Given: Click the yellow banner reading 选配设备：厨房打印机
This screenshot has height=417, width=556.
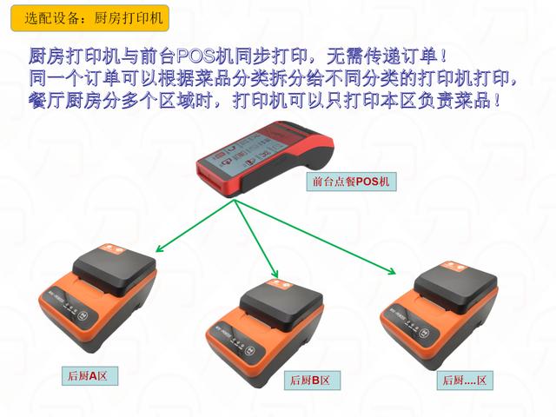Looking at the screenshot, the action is (90, 18).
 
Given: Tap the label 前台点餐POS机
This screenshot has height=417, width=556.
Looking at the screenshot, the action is (351, 182).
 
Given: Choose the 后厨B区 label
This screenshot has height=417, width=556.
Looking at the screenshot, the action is (312, 381).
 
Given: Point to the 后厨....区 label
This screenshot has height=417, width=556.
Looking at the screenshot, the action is (465, 381).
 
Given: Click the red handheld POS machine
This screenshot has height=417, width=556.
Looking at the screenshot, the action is (265, 158).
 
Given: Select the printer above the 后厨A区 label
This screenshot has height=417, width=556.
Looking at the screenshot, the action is (98, 299).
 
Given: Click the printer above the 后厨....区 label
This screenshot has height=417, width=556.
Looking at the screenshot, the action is (439, 314).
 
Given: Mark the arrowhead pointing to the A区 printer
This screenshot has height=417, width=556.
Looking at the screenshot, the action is (160, 249).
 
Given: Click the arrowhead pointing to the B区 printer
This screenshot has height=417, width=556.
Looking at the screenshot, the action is (275, 275).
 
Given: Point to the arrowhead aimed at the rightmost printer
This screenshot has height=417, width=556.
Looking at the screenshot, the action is (392, 271).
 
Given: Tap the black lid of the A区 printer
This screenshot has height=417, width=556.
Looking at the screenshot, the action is (114, 270).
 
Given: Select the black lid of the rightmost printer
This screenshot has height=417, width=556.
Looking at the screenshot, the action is (455, 288).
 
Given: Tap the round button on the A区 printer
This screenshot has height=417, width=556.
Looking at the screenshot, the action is (83, 315).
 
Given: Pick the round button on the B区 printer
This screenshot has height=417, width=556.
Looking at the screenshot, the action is (250, 350).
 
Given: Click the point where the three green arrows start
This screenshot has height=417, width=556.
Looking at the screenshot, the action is (234, 200).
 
